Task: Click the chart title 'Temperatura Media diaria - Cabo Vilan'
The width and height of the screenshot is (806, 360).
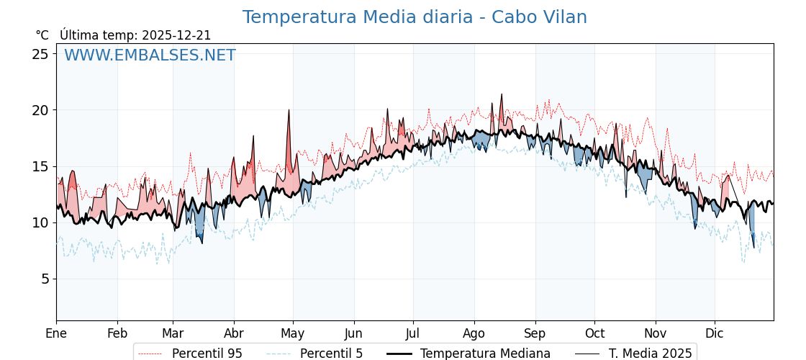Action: (x=415, y=17)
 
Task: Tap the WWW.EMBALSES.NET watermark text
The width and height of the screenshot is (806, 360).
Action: (x=150, y=55)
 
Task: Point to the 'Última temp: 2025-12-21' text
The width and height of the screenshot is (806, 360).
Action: (x=135, y=35)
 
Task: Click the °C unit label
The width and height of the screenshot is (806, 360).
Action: (x=42, y=35)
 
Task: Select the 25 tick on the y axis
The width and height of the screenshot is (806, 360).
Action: (x=40, y=54)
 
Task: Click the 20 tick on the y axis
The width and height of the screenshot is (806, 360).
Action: (x=40, y=110)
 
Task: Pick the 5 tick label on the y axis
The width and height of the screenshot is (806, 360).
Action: (x=44, y=279)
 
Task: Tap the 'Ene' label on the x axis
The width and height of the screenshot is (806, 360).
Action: (x=56, y=333)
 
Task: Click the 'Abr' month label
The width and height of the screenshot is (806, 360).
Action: (x=234, y=333)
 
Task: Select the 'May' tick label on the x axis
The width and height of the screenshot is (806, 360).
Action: (x=293, y=333)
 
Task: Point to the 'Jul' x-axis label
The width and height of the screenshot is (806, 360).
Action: (x=413, y=333)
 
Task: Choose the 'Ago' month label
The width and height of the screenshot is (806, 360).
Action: (x=474, y=333)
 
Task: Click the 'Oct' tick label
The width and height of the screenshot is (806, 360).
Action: (x=594, y=333)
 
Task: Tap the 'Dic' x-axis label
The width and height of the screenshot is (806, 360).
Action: (x=715, y=333)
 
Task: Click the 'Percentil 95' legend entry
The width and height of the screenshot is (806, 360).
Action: (x=207, y=354)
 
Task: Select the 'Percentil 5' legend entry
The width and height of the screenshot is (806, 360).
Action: (x=331, y=354)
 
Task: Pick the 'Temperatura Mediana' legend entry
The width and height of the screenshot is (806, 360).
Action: (x=485, y=354)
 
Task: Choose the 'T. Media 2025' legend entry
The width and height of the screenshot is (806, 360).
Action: (x=650, y=354)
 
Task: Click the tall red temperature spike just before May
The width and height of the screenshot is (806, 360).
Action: (x=289, y=112)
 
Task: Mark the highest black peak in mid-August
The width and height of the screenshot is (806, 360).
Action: (x=502, y=94)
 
